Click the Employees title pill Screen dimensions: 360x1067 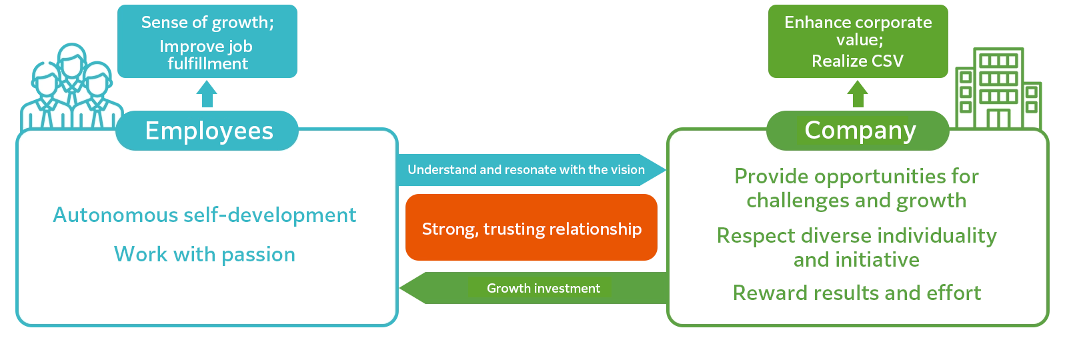tap(208, 131)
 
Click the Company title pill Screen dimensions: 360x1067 tap(859, 130)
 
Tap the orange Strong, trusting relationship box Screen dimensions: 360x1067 tap(531, 228)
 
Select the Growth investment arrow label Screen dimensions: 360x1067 tap(543, 288)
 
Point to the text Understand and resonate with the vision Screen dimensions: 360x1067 tap(525, 169)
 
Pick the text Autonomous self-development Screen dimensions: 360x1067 tap(204, 215)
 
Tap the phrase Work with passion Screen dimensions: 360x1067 tap(204, 254)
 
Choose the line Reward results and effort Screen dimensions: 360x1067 tap(857, 293)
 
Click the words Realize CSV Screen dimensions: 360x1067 tap(858, 61)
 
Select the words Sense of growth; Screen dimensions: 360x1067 tap(207, 22)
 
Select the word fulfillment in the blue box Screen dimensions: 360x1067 tap(207, 63)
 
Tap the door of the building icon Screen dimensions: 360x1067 tap(998, 118)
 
